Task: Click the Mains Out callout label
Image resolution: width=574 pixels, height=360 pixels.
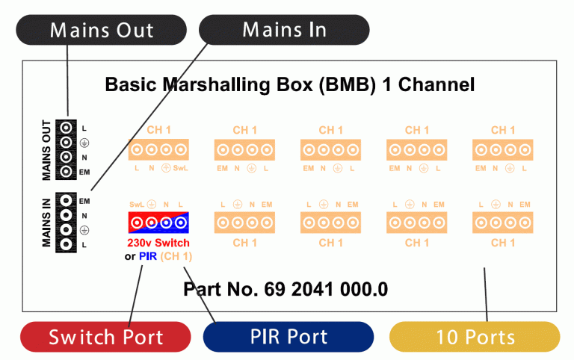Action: tap(102, 30)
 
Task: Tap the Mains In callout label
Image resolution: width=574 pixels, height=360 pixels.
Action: tap(284, 30)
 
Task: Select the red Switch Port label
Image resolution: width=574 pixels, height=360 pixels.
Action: tap(105, 337)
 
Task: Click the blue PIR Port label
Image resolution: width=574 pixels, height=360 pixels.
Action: tap(288, 337)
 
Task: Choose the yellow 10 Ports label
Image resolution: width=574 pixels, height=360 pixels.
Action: tap(475, 337)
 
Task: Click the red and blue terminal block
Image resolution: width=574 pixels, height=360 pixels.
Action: tap(158, 223)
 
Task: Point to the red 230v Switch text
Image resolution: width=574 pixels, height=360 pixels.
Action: tap(158, 243)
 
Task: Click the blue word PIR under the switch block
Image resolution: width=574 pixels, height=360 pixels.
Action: tap(148, 256)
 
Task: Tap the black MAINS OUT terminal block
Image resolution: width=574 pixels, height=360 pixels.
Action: tap(66, 149)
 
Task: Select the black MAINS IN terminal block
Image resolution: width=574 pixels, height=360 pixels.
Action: tap(66, 223)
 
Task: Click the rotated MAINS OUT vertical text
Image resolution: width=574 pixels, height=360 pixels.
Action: tap(46, 150)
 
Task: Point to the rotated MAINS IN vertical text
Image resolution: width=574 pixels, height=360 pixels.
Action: tap(46, 223)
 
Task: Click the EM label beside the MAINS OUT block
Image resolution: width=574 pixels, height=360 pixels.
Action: tap(84, 172)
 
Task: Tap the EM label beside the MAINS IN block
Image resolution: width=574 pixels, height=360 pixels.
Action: tap(84, 201)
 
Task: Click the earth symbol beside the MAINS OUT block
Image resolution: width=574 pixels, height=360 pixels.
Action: tap(84, 143)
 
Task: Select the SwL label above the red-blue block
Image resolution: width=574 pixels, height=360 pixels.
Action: tap(137, 205)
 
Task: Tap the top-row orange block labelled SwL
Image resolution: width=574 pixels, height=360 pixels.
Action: tap(158, 149)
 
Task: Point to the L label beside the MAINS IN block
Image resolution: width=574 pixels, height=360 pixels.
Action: tap(84, 245)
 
